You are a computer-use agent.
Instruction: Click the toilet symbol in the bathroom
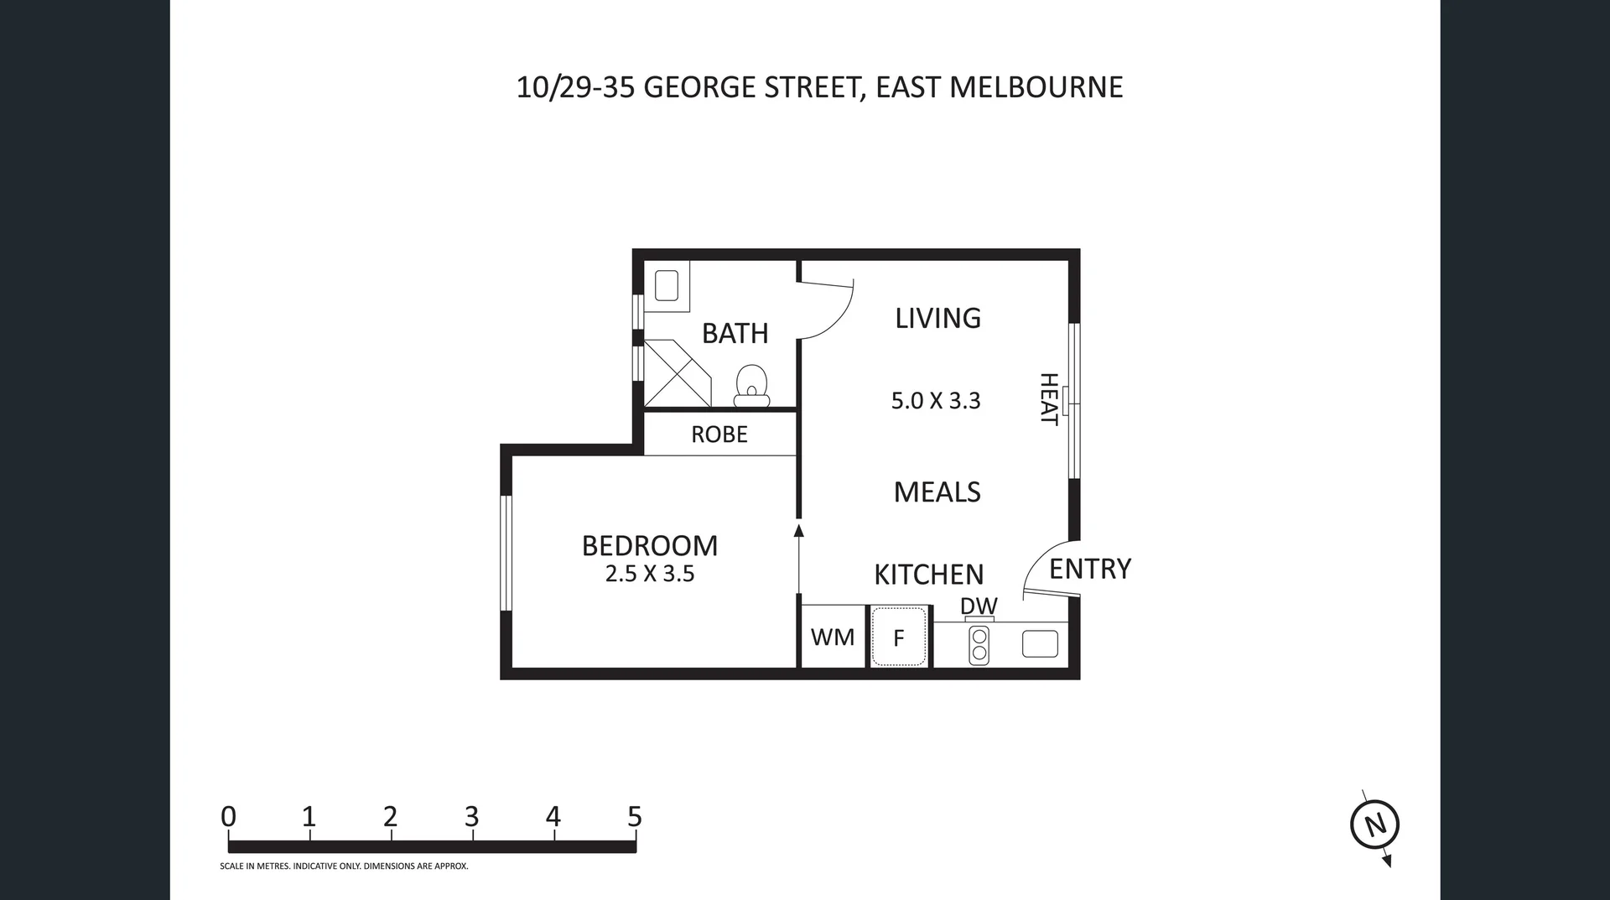[752, 387]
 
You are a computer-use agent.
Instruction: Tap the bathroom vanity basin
[667, 285]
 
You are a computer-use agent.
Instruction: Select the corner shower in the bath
[675, 374]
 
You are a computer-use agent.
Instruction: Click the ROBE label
[719, 434]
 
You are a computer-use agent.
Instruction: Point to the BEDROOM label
[650, 546]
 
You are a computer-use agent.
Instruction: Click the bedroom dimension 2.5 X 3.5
[650, 574]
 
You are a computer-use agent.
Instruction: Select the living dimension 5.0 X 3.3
[936, 401]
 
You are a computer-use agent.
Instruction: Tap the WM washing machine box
[833, 637]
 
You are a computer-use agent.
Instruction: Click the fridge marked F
[899, 638]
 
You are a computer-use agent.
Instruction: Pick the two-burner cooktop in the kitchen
[979, 644]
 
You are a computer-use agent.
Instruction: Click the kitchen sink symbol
[1040, 644]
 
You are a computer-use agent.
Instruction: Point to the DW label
[979, 606]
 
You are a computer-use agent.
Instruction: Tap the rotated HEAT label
[1049, 399]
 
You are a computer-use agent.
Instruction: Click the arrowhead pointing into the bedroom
[798, 531]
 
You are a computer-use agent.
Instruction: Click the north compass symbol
[1374, 825]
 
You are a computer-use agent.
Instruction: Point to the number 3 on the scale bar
[471, 816]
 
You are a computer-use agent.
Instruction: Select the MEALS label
[937, 492]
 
